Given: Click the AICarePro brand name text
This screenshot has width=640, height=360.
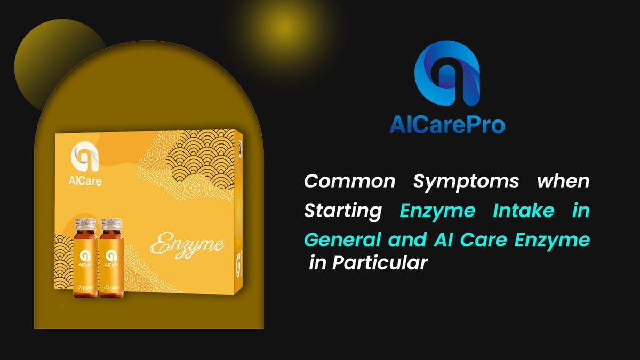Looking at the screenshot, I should point(447,125).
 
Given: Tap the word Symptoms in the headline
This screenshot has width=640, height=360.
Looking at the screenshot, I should point(466,181).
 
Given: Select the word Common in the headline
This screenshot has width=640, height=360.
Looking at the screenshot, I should point(350,181).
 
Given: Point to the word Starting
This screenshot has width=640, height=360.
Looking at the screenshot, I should point(343,211).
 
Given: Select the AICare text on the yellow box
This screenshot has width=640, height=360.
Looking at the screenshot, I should point(86,181).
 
